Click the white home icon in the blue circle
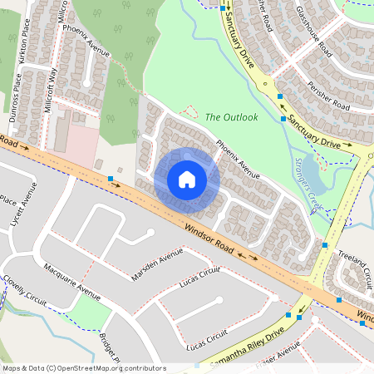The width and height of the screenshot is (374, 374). coord(187,180)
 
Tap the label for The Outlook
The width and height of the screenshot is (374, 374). coord(232,117)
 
